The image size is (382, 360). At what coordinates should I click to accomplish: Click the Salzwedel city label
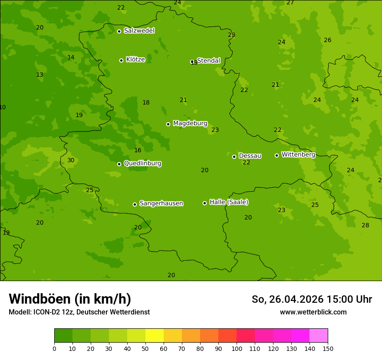point(139,31)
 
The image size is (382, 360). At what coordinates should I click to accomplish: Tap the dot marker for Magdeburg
point(168,124)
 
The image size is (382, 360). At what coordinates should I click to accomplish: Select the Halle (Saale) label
point(229,202)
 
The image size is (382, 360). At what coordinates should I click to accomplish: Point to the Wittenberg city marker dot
point(277,155)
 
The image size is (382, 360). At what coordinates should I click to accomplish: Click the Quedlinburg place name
point(142,164)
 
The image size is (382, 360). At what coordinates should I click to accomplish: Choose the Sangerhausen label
point(161,203)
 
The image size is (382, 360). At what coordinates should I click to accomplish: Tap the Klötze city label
point(135,59)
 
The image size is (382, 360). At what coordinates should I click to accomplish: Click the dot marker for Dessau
point(234,157)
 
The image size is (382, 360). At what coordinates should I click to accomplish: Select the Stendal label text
point(209,61)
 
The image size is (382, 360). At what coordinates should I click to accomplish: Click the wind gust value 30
point(71,160)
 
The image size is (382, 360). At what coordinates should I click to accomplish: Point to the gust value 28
point(366,225)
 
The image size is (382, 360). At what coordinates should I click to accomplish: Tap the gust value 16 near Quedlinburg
point(138,151)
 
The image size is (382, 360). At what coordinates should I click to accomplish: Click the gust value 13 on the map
point(40,75)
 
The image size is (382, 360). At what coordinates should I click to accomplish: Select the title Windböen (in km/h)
point(70,299)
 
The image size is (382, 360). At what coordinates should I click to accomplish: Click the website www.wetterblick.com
point(313,312)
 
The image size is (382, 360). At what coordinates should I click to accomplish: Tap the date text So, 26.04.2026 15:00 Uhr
point(312,299)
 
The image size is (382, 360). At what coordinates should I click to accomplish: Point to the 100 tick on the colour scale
point(237,348)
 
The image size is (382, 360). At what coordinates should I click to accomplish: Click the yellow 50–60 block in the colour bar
point(155,336)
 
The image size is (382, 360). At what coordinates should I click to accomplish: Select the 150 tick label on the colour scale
point(328,348)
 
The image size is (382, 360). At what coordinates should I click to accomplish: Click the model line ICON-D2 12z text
point(79,312)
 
